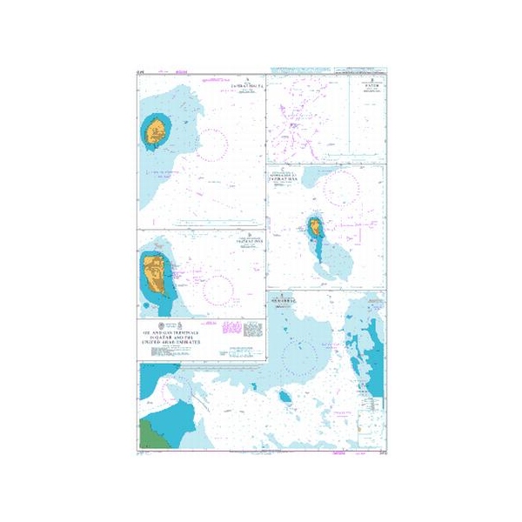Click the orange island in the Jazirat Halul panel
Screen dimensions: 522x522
[157, 133]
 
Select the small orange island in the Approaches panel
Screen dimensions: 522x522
[314, 230]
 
